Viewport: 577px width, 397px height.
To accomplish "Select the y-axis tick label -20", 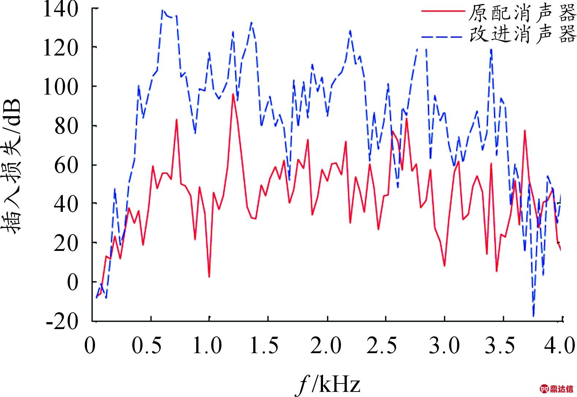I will pos(62,322).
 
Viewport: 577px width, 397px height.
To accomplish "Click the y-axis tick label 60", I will pos(66,165).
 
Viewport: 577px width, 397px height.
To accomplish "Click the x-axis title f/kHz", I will pos(328,385).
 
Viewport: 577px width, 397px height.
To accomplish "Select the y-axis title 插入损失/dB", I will pos(14,166).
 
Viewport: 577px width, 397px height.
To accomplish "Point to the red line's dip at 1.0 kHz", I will pos(209,277).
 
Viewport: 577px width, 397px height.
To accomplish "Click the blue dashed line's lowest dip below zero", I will pos(534,316).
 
